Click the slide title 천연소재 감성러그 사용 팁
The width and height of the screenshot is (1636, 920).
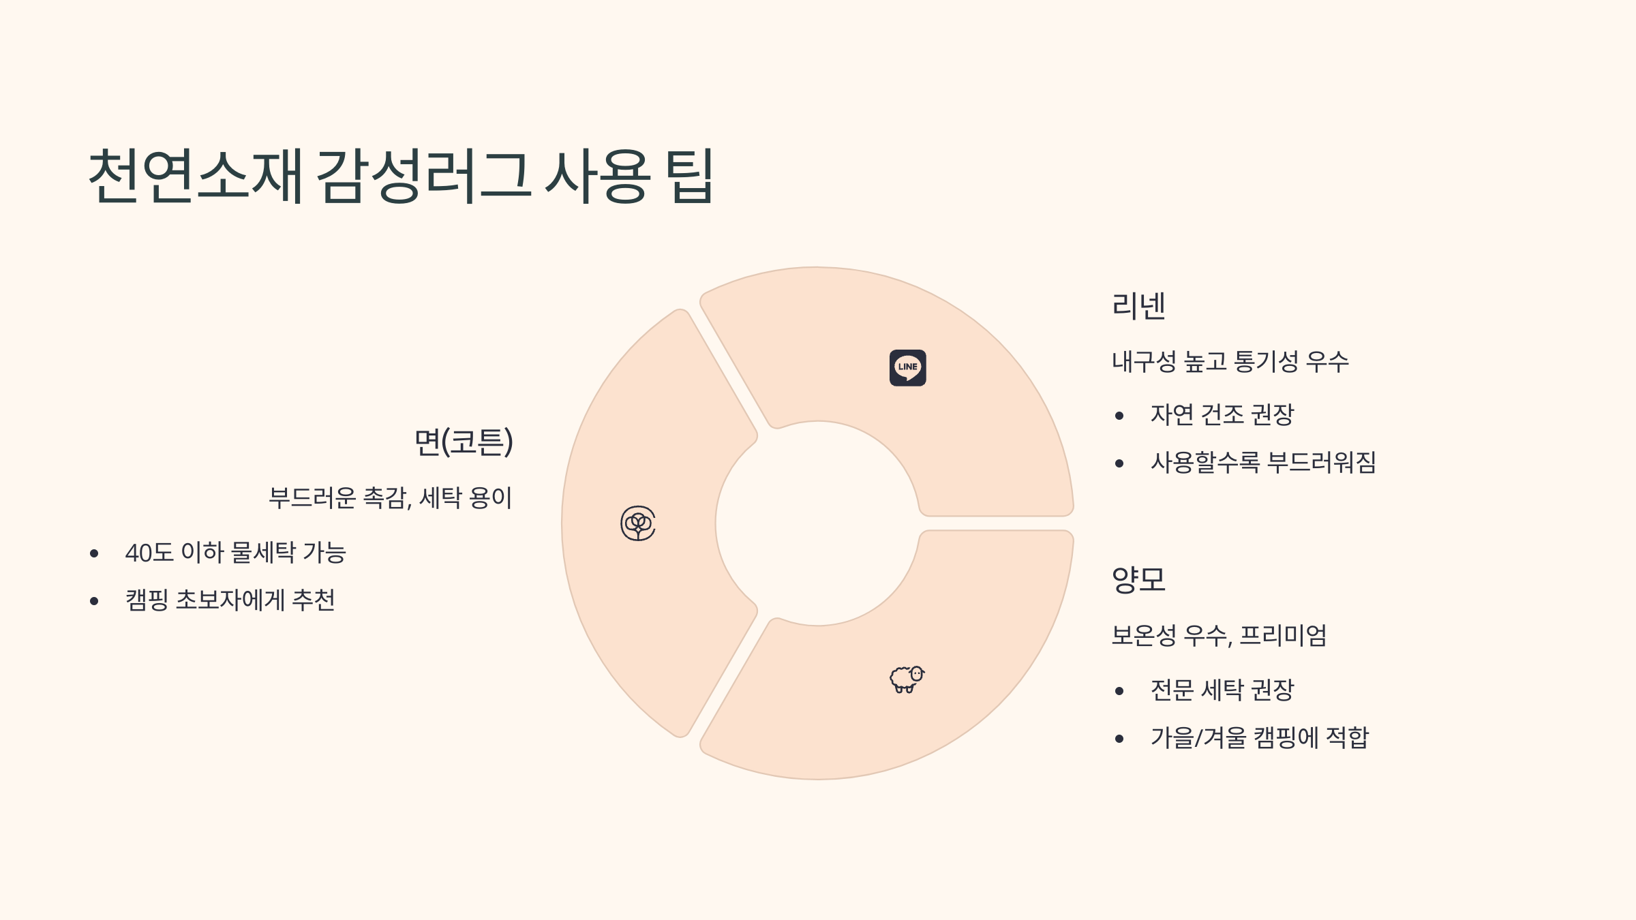click(401, 177)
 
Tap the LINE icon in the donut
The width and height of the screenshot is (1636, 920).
click(907, 368)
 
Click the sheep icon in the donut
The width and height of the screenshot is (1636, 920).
click(907, 679)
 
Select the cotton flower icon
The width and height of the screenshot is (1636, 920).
click(638, 523)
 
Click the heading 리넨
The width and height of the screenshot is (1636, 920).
click(1138, 306)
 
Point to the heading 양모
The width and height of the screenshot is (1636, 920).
click(1138, 580)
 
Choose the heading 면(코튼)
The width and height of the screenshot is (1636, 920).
click(464, 442)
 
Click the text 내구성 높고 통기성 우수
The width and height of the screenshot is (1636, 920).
click(1230, 361)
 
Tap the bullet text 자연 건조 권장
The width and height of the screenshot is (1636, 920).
click(1222, 414)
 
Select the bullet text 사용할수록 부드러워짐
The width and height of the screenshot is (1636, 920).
click(1263, 462)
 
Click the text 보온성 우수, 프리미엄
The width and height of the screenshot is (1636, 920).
click(1220, 635)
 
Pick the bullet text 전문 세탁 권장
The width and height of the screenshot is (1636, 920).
click(1222, 690)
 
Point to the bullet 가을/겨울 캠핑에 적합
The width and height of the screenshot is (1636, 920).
click(1260, 737)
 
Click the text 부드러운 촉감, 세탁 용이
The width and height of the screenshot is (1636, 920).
click(390, 497)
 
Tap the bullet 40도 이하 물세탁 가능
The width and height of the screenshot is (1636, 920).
click(235, 552)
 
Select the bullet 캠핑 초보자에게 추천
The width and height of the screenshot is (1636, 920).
click(230, 600)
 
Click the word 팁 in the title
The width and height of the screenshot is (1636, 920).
click(688, 177)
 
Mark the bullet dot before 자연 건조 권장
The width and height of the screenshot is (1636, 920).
click(1119, 416)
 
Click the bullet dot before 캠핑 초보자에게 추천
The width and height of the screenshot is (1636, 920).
click(94, 601)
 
